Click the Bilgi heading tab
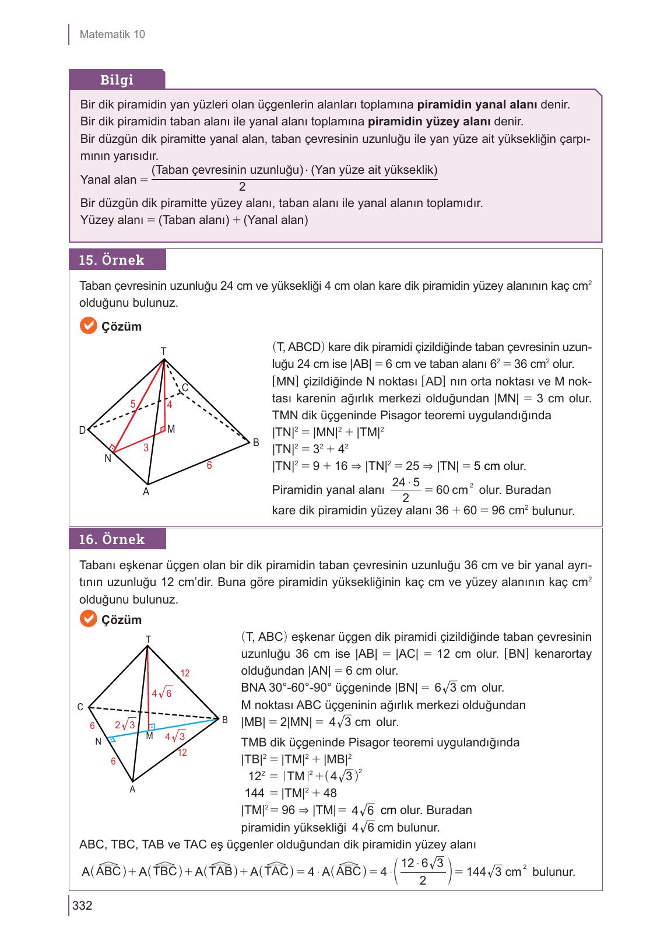click(117, 80)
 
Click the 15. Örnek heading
click(111, 260)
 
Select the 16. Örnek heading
click(111, 539)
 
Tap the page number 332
click(82, 906)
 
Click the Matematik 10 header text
click(112, 34)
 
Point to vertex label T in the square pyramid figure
click(163, 351)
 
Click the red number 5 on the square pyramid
click(133, 404)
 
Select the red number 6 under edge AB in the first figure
click(209, 465)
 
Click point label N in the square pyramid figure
click(108, 459)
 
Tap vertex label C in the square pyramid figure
click(185, 388)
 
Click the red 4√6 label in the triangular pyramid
click(161, 694)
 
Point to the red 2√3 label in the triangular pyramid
click(125, 725)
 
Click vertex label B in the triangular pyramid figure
click(225, 720)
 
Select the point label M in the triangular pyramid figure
click(149, 736)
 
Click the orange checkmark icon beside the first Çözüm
click(88, 326)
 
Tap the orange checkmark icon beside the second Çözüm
click(88, 619)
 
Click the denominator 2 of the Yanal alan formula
click(242, 187)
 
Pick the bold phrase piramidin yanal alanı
click(477, 105)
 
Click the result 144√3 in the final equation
click(485, 872)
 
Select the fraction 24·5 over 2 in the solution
click(406, 490)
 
